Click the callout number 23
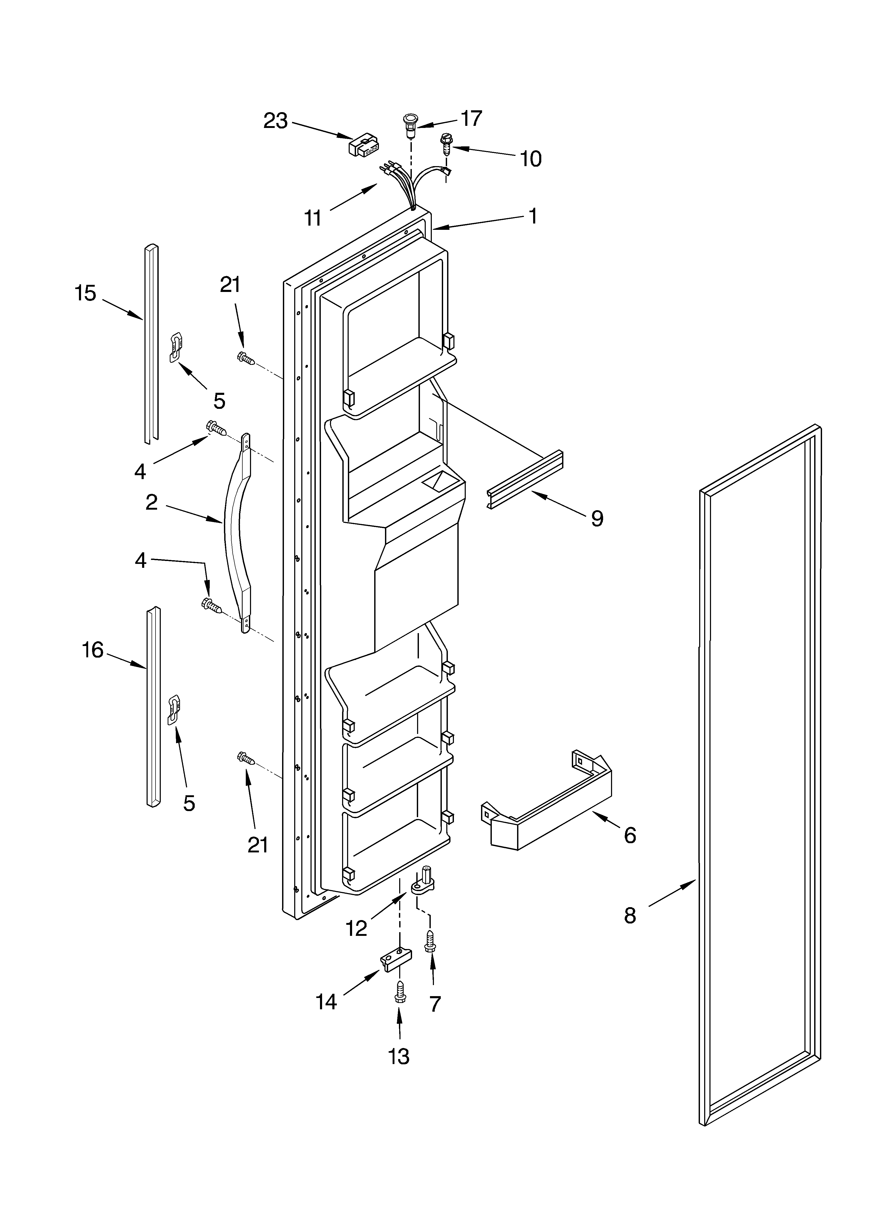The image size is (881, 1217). [275, 121]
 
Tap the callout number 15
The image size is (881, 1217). [85, 294]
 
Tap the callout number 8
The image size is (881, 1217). [630, 915]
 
